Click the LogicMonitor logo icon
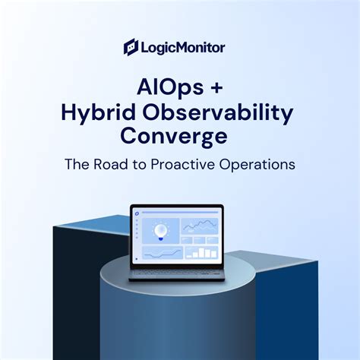[131, 47]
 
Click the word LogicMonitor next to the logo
[183, 48]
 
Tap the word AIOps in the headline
[170, 87]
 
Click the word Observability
[218, 113]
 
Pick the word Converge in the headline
[174, 137]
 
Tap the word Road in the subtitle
[111, 164]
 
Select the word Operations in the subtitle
[257, 165]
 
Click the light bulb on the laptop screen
[161, 232]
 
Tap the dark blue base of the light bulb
[160, 238]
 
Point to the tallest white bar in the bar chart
[201, 252]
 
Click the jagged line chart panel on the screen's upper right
[200, 226]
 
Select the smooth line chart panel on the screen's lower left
[163, 252]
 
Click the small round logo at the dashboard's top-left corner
[137, 213]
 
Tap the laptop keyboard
[177, 273]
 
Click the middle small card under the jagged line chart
[200, 240]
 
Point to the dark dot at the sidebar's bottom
[137, 259]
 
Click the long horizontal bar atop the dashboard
[180, 213]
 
